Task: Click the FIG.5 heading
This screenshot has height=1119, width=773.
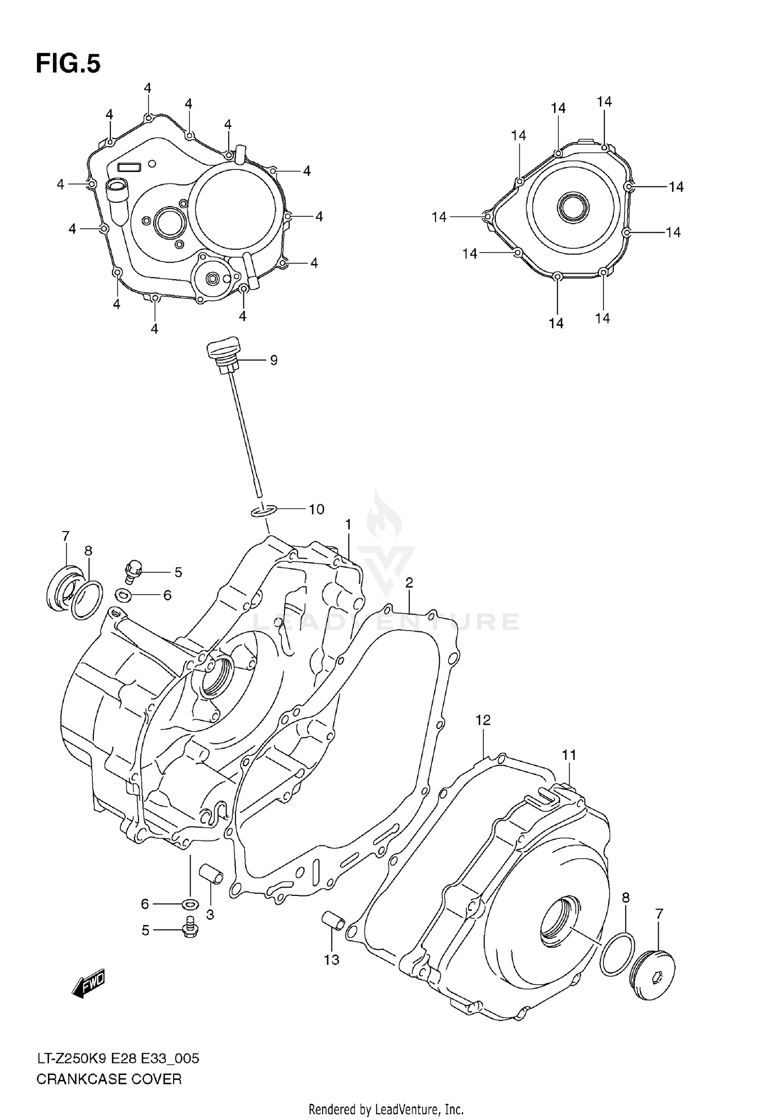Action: [68, 64]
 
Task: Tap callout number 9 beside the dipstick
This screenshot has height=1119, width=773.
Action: [274, 361]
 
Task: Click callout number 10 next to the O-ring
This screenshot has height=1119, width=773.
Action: [316, 510]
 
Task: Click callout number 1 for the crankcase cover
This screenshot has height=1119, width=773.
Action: [348, 525]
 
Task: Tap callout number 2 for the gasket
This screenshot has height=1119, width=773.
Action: [409, 583]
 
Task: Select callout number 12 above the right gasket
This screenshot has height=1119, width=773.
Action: [483, 720]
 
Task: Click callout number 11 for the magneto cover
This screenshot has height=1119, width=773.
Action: [568, 755]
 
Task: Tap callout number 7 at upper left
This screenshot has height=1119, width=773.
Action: [65, 536]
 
